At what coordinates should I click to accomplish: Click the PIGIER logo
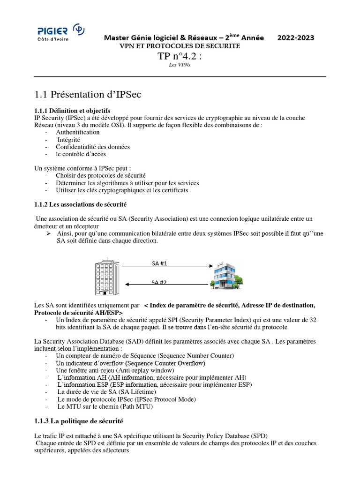[60, 33]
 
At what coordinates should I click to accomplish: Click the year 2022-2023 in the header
[296, 37]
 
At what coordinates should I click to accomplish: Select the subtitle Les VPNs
[180, 66]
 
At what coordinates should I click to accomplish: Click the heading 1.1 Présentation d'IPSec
[88, 94]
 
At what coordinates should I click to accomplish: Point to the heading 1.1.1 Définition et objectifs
[72, 111]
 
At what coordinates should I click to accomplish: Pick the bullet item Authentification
[77, 132]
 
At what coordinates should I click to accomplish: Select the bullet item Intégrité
[69, 140]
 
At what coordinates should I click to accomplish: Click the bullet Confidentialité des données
[92, 147]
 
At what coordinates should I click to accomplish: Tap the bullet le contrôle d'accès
[81, 154]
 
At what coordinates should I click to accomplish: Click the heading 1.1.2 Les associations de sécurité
[80, 205]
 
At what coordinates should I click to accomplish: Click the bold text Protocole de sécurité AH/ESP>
[79, 313]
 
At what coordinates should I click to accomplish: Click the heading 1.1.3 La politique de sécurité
[79, 421]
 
